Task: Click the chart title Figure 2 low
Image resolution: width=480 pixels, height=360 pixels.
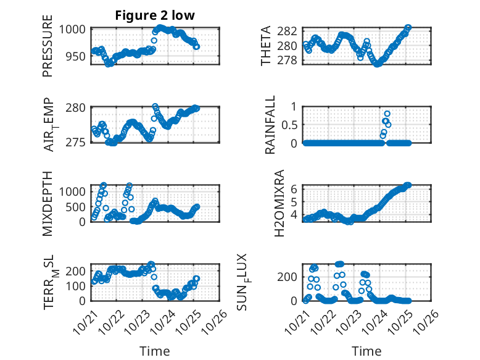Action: click(155, 16)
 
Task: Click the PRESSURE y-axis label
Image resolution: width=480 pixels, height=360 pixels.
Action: click(48, 48)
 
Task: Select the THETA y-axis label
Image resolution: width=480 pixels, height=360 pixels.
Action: click(266, 47)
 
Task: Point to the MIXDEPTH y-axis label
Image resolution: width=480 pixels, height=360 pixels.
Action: click(48, 203)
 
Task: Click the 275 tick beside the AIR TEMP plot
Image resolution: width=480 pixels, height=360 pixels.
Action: click(78, 143)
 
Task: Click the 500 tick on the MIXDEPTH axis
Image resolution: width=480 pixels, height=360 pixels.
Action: click(78, 206)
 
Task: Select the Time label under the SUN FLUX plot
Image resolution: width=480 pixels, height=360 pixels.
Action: click(366, 351)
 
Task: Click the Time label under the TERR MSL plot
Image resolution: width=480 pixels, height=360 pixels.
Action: click(155, 351)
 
